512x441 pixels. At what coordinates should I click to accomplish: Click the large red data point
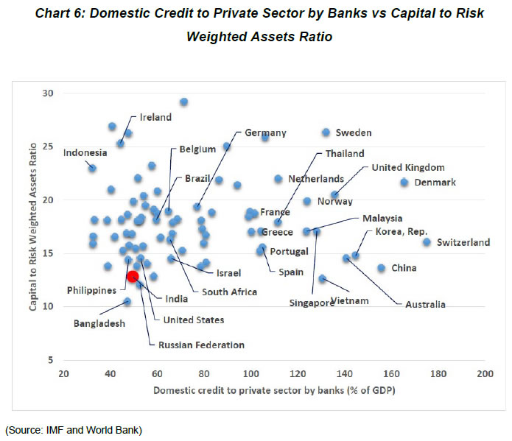coord(133,276)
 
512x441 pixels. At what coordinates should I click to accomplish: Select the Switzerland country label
coord(463,242)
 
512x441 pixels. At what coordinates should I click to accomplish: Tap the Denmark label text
coord(435,183)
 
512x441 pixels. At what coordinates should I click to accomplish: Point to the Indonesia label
coord(85,153)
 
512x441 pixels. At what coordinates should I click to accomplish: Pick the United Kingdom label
coord(408,167)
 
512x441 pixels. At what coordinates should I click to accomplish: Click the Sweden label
coord(354,133)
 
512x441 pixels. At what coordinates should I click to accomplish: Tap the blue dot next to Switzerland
coord(427,241)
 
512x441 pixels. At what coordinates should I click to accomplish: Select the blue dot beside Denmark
coord(404,182)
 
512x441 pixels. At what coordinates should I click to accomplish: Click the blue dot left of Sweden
coord(326,132)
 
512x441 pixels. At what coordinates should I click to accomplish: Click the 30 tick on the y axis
coord(49,94)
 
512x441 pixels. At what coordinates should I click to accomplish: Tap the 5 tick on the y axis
coord(52,360)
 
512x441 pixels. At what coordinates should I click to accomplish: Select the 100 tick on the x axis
coord(251,374)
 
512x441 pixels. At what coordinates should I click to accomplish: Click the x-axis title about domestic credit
coord(274,389)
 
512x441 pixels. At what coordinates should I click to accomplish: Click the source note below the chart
coord(74,428)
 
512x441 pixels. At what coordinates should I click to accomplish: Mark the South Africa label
coord(230,292)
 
